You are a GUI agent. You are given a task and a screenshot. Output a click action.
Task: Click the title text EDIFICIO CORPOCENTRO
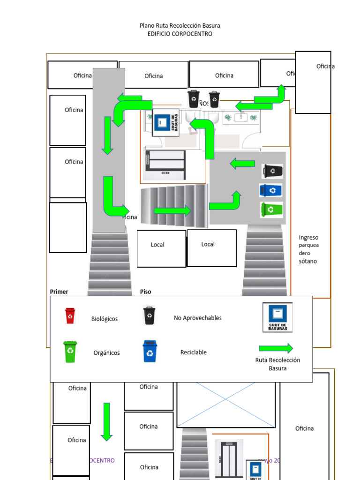click(x=180, y=34)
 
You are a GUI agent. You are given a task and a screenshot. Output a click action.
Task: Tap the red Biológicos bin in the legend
click(x=70, y=315)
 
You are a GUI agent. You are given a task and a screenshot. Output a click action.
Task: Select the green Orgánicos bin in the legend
click(x=70, y=352)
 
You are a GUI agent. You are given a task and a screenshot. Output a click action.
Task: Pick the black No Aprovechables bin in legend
click(x=149, y=315)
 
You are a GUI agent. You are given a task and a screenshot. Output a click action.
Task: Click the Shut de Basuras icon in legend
click(x=277, y=317)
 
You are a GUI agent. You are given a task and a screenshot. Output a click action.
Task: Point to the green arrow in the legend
click(x=276, y=348)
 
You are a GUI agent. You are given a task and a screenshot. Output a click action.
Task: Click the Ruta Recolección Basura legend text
click(x=277, y=364)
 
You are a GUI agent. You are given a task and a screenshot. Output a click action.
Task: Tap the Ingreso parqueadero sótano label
click(x=308, y=249)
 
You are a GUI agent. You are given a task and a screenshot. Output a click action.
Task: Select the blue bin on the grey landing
click(x=271, y=190)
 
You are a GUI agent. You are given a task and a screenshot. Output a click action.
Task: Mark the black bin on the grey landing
click(x=272, y=171)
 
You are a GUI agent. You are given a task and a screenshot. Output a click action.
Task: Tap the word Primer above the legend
click(x=59, y=292)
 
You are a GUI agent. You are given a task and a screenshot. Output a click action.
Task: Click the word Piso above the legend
click(x=146, y=292)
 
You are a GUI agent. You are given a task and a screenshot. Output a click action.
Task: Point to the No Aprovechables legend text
click(x=198, y=318)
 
